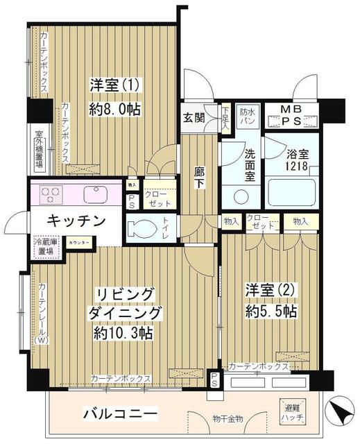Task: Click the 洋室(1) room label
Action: click(x=115, y=85)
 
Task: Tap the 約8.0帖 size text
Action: click(x=115, y=108)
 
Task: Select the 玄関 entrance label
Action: click(x=194, y=117)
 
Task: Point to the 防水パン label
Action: click(x=248, y=116)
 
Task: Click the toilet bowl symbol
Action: click(x=144, y=227)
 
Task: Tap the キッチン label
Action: click(x=77, y=221)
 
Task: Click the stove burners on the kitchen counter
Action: click(x=51, y=194)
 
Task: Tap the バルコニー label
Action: click(x=120, y=414)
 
